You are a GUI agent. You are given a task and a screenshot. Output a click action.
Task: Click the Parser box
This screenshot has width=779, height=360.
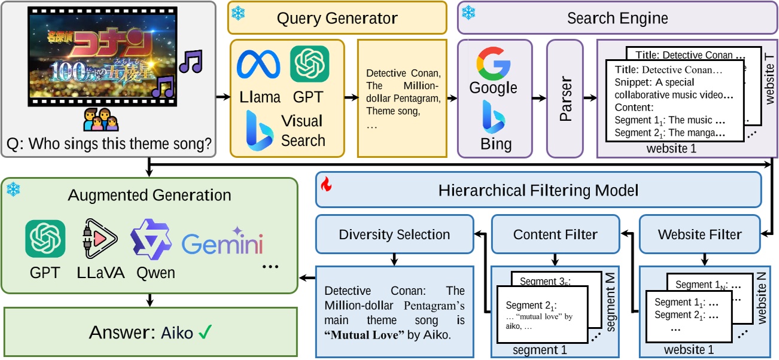pyautogui.click(x=565, y=97)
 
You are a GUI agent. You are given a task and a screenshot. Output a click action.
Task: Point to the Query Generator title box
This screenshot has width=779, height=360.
pyautogui.click(x=337, y=17)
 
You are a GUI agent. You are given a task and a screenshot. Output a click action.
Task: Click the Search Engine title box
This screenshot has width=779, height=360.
pyautogui.click(x=617, y=17)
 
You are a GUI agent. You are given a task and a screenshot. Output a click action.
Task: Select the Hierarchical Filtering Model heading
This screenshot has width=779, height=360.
pyautogui.click(x=538, y=190)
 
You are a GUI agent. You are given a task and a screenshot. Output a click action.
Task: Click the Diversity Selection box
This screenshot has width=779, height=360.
pyautogui.click(x=394, y=234)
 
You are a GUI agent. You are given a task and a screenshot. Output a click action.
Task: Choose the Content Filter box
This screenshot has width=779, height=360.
pyautogui.click(x=555, y=234)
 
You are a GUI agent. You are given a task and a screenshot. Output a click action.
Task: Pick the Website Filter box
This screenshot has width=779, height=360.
pyautogui.click(x=699, y=234)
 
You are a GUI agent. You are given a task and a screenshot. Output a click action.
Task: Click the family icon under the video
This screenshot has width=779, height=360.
pyautogui.click(x=101, y=120)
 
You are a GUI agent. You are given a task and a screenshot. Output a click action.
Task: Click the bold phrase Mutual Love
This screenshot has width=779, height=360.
pyautogui.click(x=361, y=335)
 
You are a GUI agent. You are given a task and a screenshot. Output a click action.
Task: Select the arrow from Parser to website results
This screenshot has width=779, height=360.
pyautogui.click(x=590, y=97)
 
